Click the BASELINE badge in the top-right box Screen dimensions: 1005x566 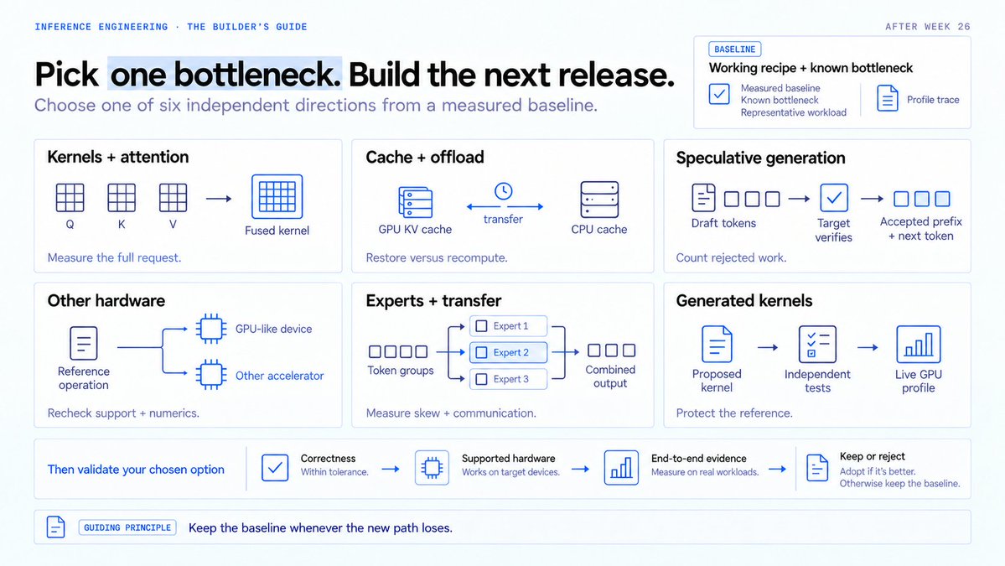click(734, 49)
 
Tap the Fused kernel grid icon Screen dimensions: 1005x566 click(277, 196)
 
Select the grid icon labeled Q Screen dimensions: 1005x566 click(70, 197)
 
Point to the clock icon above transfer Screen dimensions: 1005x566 click(503, 191)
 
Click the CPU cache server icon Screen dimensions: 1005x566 click(599, 200)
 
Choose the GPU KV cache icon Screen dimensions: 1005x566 click(416, 202)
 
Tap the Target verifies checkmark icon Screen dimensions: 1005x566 click(834, 198)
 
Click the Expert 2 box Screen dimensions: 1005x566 click(508, 352)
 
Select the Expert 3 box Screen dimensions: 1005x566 click(508, 379)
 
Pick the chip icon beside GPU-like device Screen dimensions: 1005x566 click(211, 329)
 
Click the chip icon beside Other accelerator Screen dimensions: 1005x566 click(211, 375)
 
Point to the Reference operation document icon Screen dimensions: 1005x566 click(83, 343)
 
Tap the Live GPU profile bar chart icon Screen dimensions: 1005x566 click(919, 345)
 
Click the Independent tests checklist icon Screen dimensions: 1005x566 click(817, 345)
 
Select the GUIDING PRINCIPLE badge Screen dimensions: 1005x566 click(127, 527)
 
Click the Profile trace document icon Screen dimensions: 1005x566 click(887, 98)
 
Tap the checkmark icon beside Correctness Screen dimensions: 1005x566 click(275, 467)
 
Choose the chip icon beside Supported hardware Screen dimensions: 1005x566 click(432, 467)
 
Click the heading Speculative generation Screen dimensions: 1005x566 click(760, 158)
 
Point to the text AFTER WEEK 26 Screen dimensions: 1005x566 click(927, 26)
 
